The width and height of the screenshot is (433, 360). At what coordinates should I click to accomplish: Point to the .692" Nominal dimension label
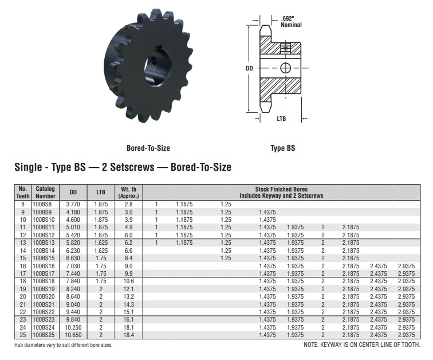(x=291, y=22)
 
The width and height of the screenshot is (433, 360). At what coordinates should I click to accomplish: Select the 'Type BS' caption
(x=283, y=148)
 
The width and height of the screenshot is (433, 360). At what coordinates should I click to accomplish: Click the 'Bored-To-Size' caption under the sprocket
(x=148, y=148)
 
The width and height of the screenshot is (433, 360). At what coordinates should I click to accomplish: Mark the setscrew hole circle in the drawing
(x=286, y=68)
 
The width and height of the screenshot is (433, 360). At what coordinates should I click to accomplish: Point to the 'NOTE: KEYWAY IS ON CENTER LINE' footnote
(x=361, y=345)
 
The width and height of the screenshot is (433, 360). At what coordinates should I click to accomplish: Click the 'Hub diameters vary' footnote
(x=63, y=345)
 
